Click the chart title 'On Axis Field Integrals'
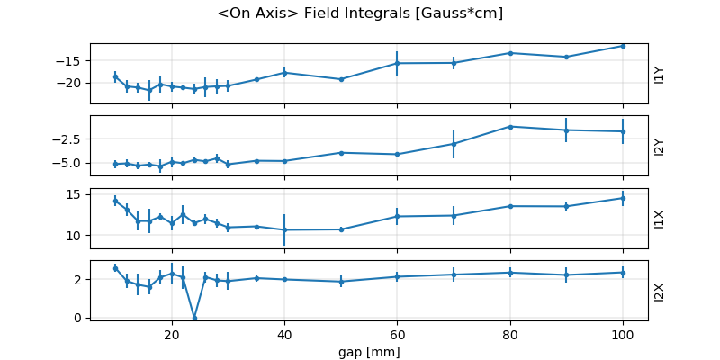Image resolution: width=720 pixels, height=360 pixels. (x=360, y=13)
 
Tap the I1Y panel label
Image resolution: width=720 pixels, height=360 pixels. (x=660, y=75)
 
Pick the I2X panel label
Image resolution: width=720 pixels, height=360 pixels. (x=660, y=292)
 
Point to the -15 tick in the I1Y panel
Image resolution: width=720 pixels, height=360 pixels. (x=71, y=60)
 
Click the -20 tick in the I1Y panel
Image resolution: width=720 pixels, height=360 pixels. (x=71, y=83)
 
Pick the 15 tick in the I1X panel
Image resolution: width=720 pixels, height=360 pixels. (x=76, y=194)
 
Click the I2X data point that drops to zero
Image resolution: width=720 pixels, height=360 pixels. (x=194, y=318)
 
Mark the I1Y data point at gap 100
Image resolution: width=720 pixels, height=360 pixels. (x=623, y=46)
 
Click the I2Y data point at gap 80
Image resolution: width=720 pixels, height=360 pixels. (x=510, y=127)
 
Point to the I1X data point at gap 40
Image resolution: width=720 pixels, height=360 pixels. (x=284, y=229)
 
